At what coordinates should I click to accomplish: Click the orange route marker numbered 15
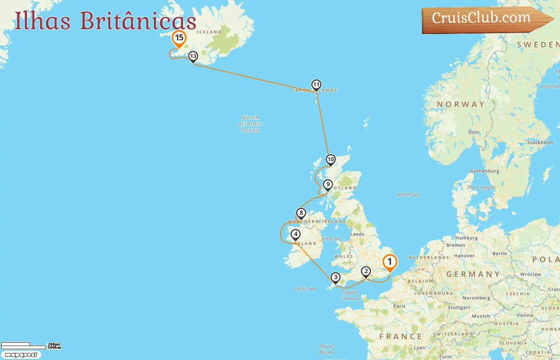(179, 38)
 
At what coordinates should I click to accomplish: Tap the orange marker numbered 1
(390, 262)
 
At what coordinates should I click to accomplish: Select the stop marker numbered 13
(193, 56)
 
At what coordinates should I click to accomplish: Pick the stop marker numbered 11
(316, 85)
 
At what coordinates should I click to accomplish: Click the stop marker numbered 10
(330, 160)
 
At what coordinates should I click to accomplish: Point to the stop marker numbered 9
(328, 185)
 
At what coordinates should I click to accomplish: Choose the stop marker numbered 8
(301, 213)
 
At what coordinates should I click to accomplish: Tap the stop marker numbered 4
(296, 234)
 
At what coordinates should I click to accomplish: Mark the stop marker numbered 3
(335, 277)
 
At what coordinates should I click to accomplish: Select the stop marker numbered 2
(366, 272)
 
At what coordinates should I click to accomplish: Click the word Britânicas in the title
(138, 21)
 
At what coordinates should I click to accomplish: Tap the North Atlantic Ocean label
(250, 124)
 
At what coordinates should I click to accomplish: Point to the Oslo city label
(473, 132)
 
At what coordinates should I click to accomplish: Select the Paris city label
(399, 306)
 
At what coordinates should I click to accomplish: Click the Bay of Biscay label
(326, 349)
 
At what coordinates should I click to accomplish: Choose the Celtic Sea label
(305, 289)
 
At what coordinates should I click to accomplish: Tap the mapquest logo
(21, 355)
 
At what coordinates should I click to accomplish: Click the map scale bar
(24, 346)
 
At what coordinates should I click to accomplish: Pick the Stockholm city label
(540, 142)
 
